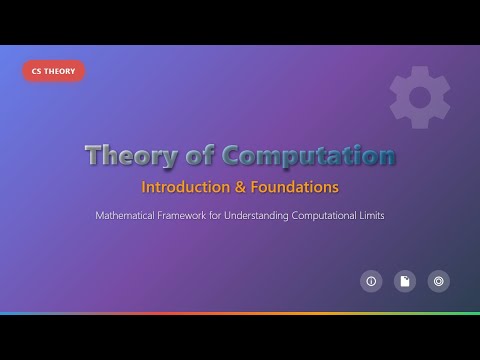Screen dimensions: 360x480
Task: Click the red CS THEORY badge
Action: (x=53, y=71)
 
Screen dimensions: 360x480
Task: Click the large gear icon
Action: (x=419, y=97)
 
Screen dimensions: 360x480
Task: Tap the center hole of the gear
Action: (x=419, y=97)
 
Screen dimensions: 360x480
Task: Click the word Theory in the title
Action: (x=125, y=156)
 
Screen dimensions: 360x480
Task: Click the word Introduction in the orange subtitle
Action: (x=182, y=187)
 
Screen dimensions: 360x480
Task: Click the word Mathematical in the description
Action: (x=130, y=215)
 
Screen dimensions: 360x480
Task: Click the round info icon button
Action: (x=371, y=282)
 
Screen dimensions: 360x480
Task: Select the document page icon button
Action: (x=404, y=282)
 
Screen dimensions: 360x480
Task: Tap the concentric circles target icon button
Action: (x=438, y=282)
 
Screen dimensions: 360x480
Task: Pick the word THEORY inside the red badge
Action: (x=61, y=71)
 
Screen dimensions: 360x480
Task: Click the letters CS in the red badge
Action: (x=36, y=71)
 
